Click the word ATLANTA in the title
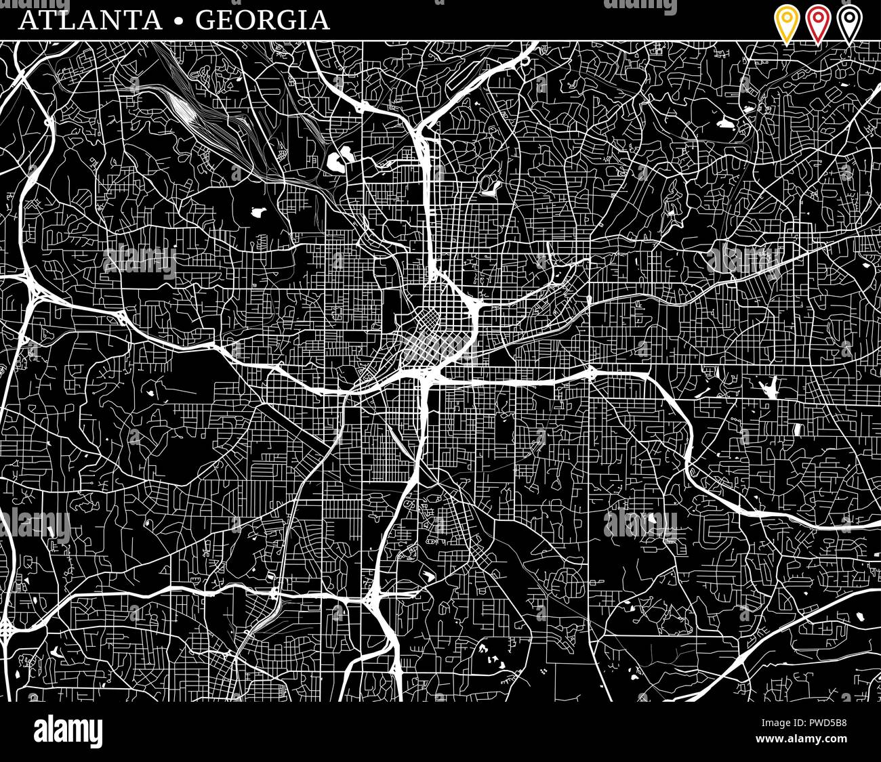pyautogui.click(x=90, y=20)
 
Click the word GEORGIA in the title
pyautogui.click(x=262, y=20)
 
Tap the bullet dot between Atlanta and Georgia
pyautogui.click(x=179, y=21)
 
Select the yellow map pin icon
pyautogui.click(x=787, y=23)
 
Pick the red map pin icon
pyautogui.click(x=818, y=23)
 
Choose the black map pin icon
pyautogui.click(x=848, y=23)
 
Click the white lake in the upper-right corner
pyautogui.click(x=724, y=124)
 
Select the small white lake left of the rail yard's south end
pyautogui.click(x=258, y=212)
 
